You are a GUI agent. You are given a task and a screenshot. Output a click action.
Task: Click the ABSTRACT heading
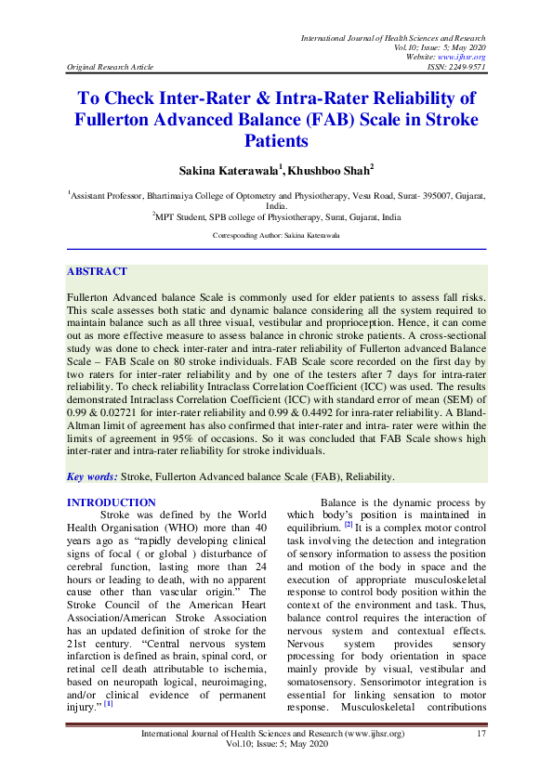[x=97, y=271]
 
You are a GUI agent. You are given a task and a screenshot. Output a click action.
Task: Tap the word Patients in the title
[x=276, y=142]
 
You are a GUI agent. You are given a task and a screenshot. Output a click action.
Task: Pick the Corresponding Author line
[x=276, y=237]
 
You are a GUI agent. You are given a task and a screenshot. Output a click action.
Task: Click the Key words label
[x=92, y=476]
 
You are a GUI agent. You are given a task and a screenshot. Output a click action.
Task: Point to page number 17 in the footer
[x=481, y=735]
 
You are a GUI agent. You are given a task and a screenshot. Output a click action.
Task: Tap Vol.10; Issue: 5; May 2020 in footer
[x=276, y=746]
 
